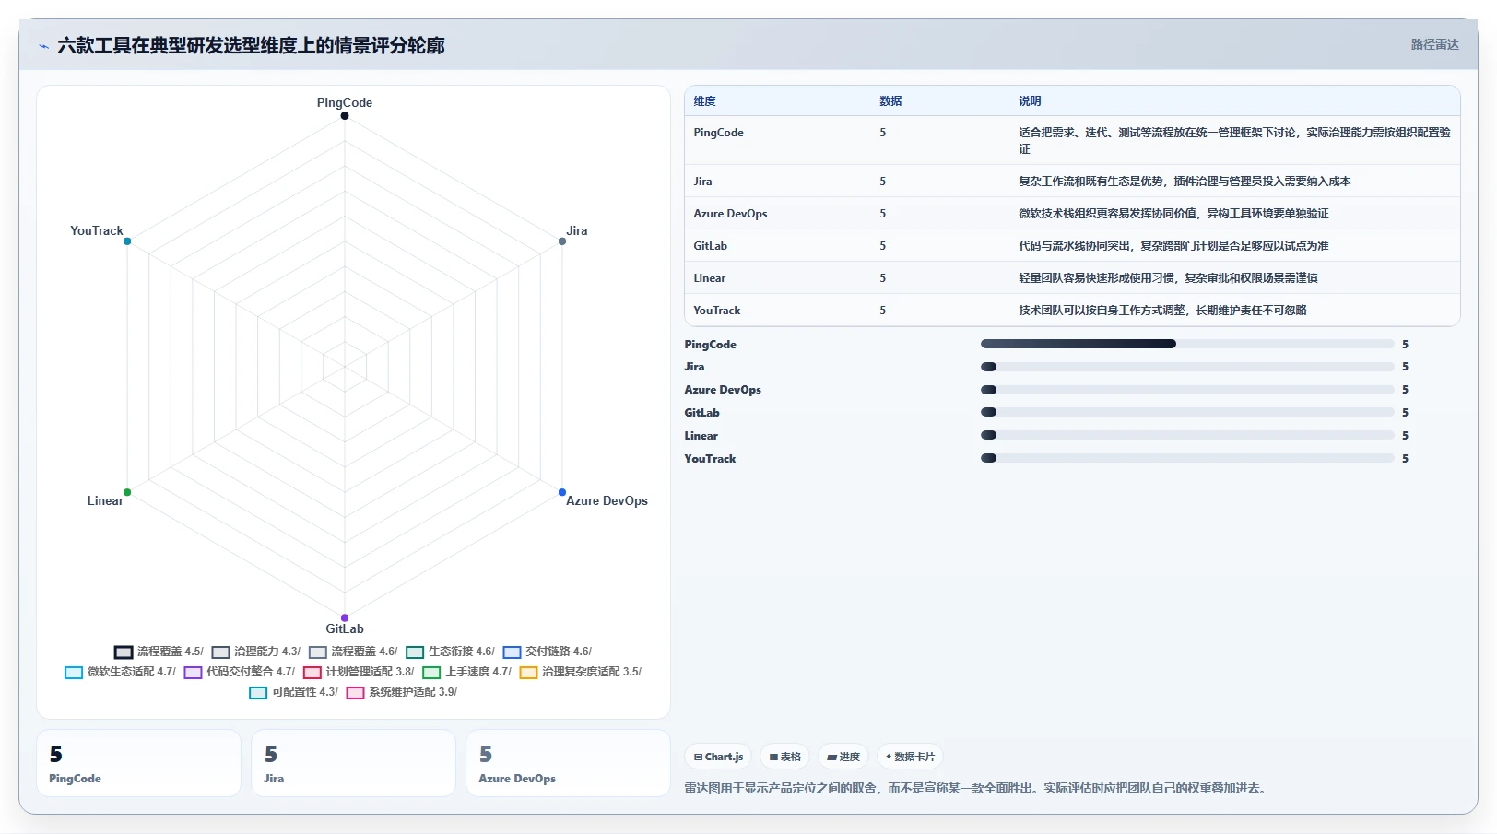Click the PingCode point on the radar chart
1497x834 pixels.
tap(344, 115)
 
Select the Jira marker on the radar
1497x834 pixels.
tap(562, 241)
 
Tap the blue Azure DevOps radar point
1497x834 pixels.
tap(562, 492)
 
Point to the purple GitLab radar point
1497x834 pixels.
tap(344, 618)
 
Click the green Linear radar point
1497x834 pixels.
tap(127, 492)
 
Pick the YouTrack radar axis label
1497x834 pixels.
tap(96, 230)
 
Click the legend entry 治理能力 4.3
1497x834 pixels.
tap(256, 652)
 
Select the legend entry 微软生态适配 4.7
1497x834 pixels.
tap(120, 672)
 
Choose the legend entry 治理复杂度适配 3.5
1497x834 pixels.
tap(581, 672)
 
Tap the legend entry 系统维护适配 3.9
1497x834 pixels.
tap(402, 692)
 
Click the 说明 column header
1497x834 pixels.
tap(1029, 100)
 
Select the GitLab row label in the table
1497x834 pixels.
tap(710, 246)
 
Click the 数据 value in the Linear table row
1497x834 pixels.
tap(882, 278)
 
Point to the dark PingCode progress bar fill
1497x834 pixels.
tap(1078, 344)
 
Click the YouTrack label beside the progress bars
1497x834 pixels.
tap(710, 458)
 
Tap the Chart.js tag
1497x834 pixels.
tap(718, 757)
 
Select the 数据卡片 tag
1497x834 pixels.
tap(910, 757)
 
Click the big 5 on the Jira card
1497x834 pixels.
tap(271, 754)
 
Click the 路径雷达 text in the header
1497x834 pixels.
tap(1434, 45)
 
